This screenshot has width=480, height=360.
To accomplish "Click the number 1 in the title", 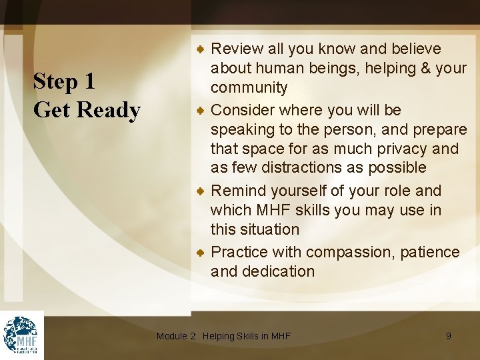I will tap(89, 82).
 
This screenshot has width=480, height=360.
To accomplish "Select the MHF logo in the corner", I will tap(22, 335).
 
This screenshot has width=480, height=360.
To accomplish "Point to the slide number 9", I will tap(448, 336).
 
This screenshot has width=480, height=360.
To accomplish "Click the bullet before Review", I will tap(200, 49).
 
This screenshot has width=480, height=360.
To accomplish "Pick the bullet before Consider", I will tap(200, 110).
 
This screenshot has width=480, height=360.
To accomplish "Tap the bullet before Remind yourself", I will tap(200, 191).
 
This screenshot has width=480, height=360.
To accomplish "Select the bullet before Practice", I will tap(200, 253).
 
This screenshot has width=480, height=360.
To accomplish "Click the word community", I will tap(249, 88).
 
